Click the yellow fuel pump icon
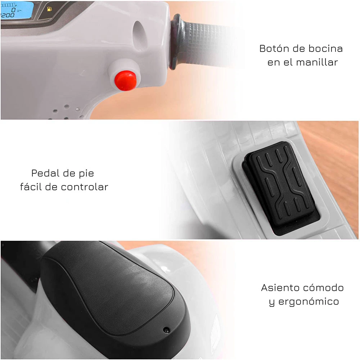point(49,9)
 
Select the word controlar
point(85,187)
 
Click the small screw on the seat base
point(166,330)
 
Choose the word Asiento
point(279,288)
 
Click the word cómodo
point(323,288)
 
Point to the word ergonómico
point(309,301)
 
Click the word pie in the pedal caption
point(86,174)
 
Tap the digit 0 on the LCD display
point(13,10)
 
